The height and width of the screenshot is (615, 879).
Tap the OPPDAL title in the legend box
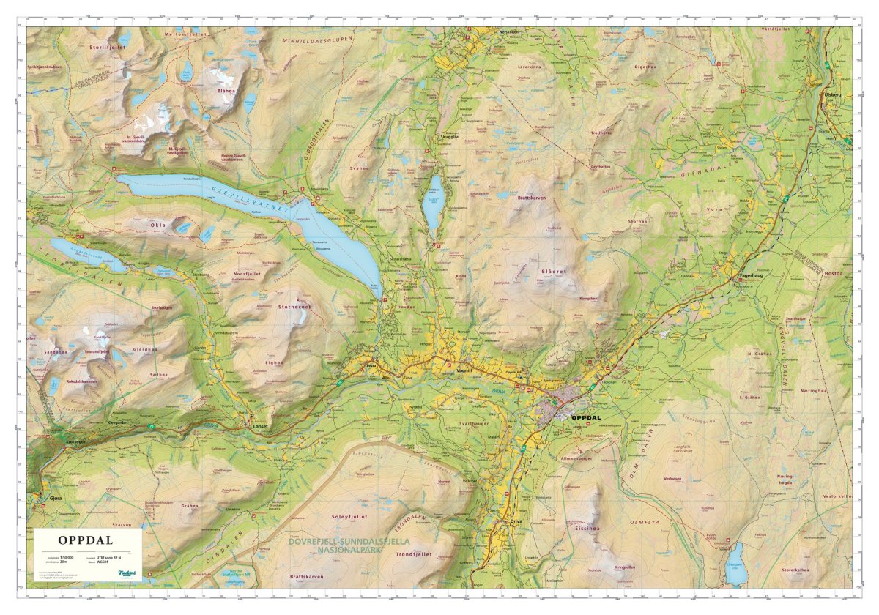[85, 541]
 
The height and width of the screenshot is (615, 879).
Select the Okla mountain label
[158, 225]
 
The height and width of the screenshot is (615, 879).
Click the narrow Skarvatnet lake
[434, 202]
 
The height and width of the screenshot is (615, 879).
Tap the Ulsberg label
[833, 94]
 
